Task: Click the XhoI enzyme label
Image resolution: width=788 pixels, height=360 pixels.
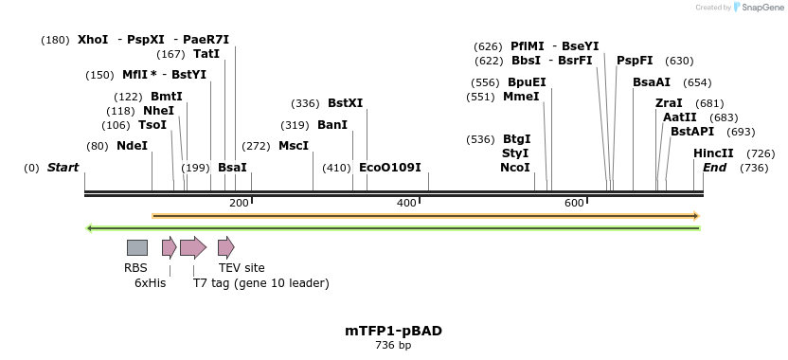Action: (93, 40)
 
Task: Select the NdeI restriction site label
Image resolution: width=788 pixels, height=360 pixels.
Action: (132, 146)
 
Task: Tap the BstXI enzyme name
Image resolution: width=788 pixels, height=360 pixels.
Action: (345, 103)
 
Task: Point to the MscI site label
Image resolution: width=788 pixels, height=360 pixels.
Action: (294, 146)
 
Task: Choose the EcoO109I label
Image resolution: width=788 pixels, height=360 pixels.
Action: (390, 168)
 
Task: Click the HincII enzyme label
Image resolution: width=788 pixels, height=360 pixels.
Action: (713, 153)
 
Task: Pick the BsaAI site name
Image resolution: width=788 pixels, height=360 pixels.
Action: (652, 82)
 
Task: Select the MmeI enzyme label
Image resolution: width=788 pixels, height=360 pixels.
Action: (521, 97)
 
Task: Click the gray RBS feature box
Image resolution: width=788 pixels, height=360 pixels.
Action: (137, 247)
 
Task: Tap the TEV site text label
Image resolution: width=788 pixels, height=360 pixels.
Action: (242, 268)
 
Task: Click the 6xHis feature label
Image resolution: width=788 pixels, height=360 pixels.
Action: (150, 282)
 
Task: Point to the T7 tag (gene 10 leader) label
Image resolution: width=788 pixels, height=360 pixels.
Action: (261, 282)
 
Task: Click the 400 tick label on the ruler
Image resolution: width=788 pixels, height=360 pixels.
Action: (406, 203)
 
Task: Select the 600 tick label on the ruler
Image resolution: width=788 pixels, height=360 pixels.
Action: (574, 203)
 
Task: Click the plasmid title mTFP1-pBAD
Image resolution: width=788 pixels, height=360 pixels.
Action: (393, 331)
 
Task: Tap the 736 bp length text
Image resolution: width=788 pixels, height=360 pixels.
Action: (393, 346)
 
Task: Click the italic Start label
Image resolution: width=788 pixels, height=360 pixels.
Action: (63, 168)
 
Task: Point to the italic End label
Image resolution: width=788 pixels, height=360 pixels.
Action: (714, 168)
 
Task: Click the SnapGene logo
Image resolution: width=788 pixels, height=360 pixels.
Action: (758, 8)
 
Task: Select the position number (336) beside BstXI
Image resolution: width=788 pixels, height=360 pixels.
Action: (305, 103)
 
